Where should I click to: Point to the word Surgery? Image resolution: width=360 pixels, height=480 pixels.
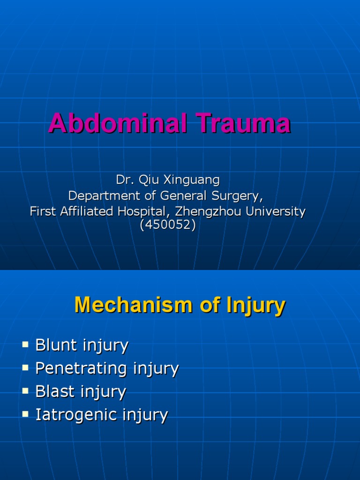(x=236, y=195)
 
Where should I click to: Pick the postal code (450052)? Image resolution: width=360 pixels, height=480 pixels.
(x=167, y=225)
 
